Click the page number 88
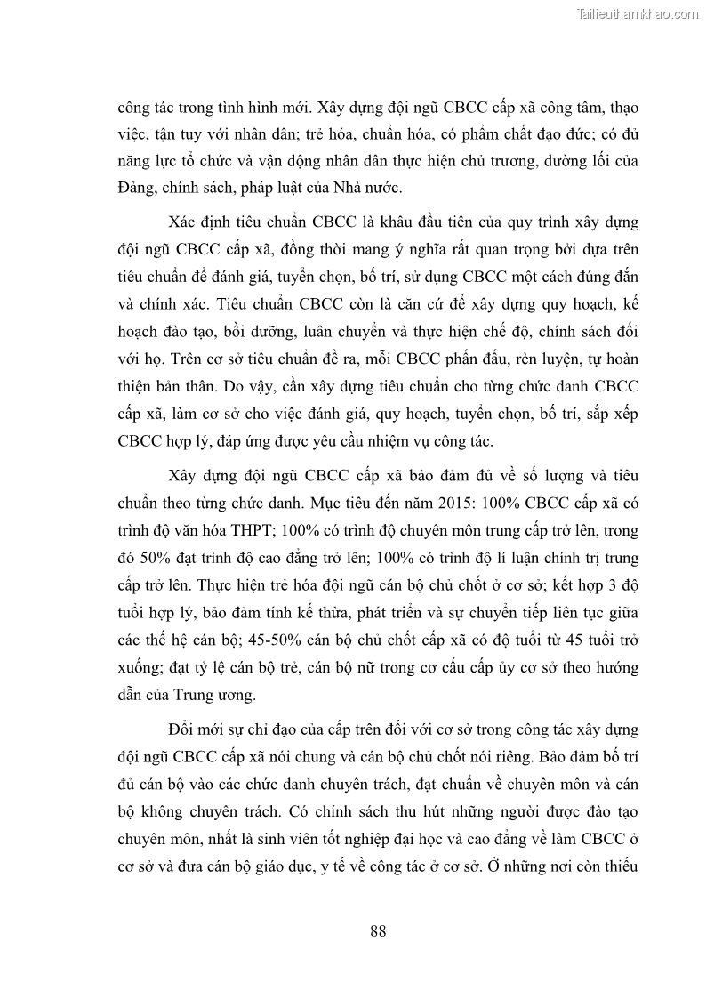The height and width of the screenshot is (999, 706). [x=377, y=931]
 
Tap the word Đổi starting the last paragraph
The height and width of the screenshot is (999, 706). [x=184, y=730]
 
